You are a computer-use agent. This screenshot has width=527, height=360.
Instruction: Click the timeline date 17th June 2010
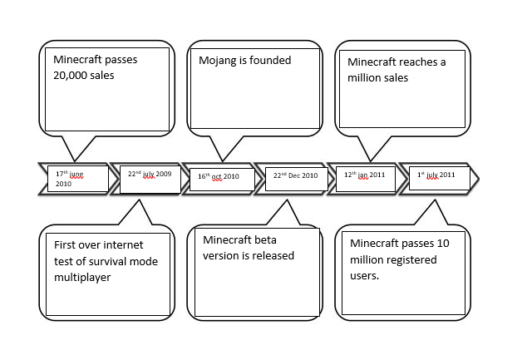pos(76,179)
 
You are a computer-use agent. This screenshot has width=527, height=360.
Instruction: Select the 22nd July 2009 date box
pos(150,175)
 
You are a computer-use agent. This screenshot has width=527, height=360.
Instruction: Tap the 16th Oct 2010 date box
pos(219,176)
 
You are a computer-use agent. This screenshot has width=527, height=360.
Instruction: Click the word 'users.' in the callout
pos(365,275)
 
